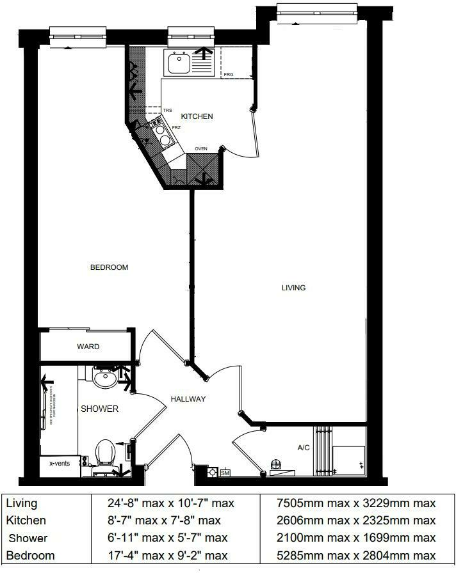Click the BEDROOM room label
pyautogui.click(x=109, y=267)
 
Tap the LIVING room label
pyautogui.click(x=293, y=288)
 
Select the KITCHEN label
pyautogui.click(x=197, y=116)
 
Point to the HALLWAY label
pyautogui.click(x=188, y=399)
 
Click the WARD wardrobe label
pyautogui.click(x=88, y=347)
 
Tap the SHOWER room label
pyautogui.click(x=99, y=409)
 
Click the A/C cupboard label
pyautogui.click(x=304, y=448)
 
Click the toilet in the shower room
pyautogui.click(x=105, y=453)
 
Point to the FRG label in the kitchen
pyautogui.click(x=229, y=75)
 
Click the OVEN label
pyautogui.click(x=201, y=148)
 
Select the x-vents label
pyautogui.click(x=59, y=462)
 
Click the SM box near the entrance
pyautogui.click(x=225, y=473)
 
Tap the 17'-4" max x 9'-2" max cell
pyautogui.click(x=167, y=555)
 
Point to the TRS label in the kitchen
pyautogui.click(x=167, y=111)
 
